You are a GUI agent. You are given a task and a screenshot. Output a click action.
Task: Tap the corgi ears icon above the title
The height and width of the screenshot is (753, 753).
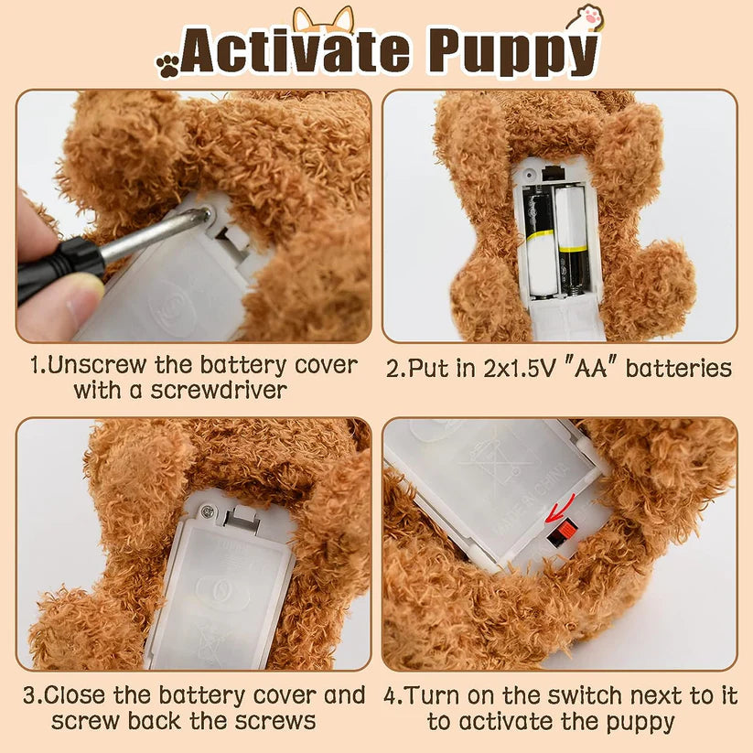point(323,18)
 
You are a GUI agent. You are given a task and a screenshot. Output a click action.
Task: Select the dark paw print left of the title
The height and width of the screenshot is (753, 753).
point(167,65)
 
